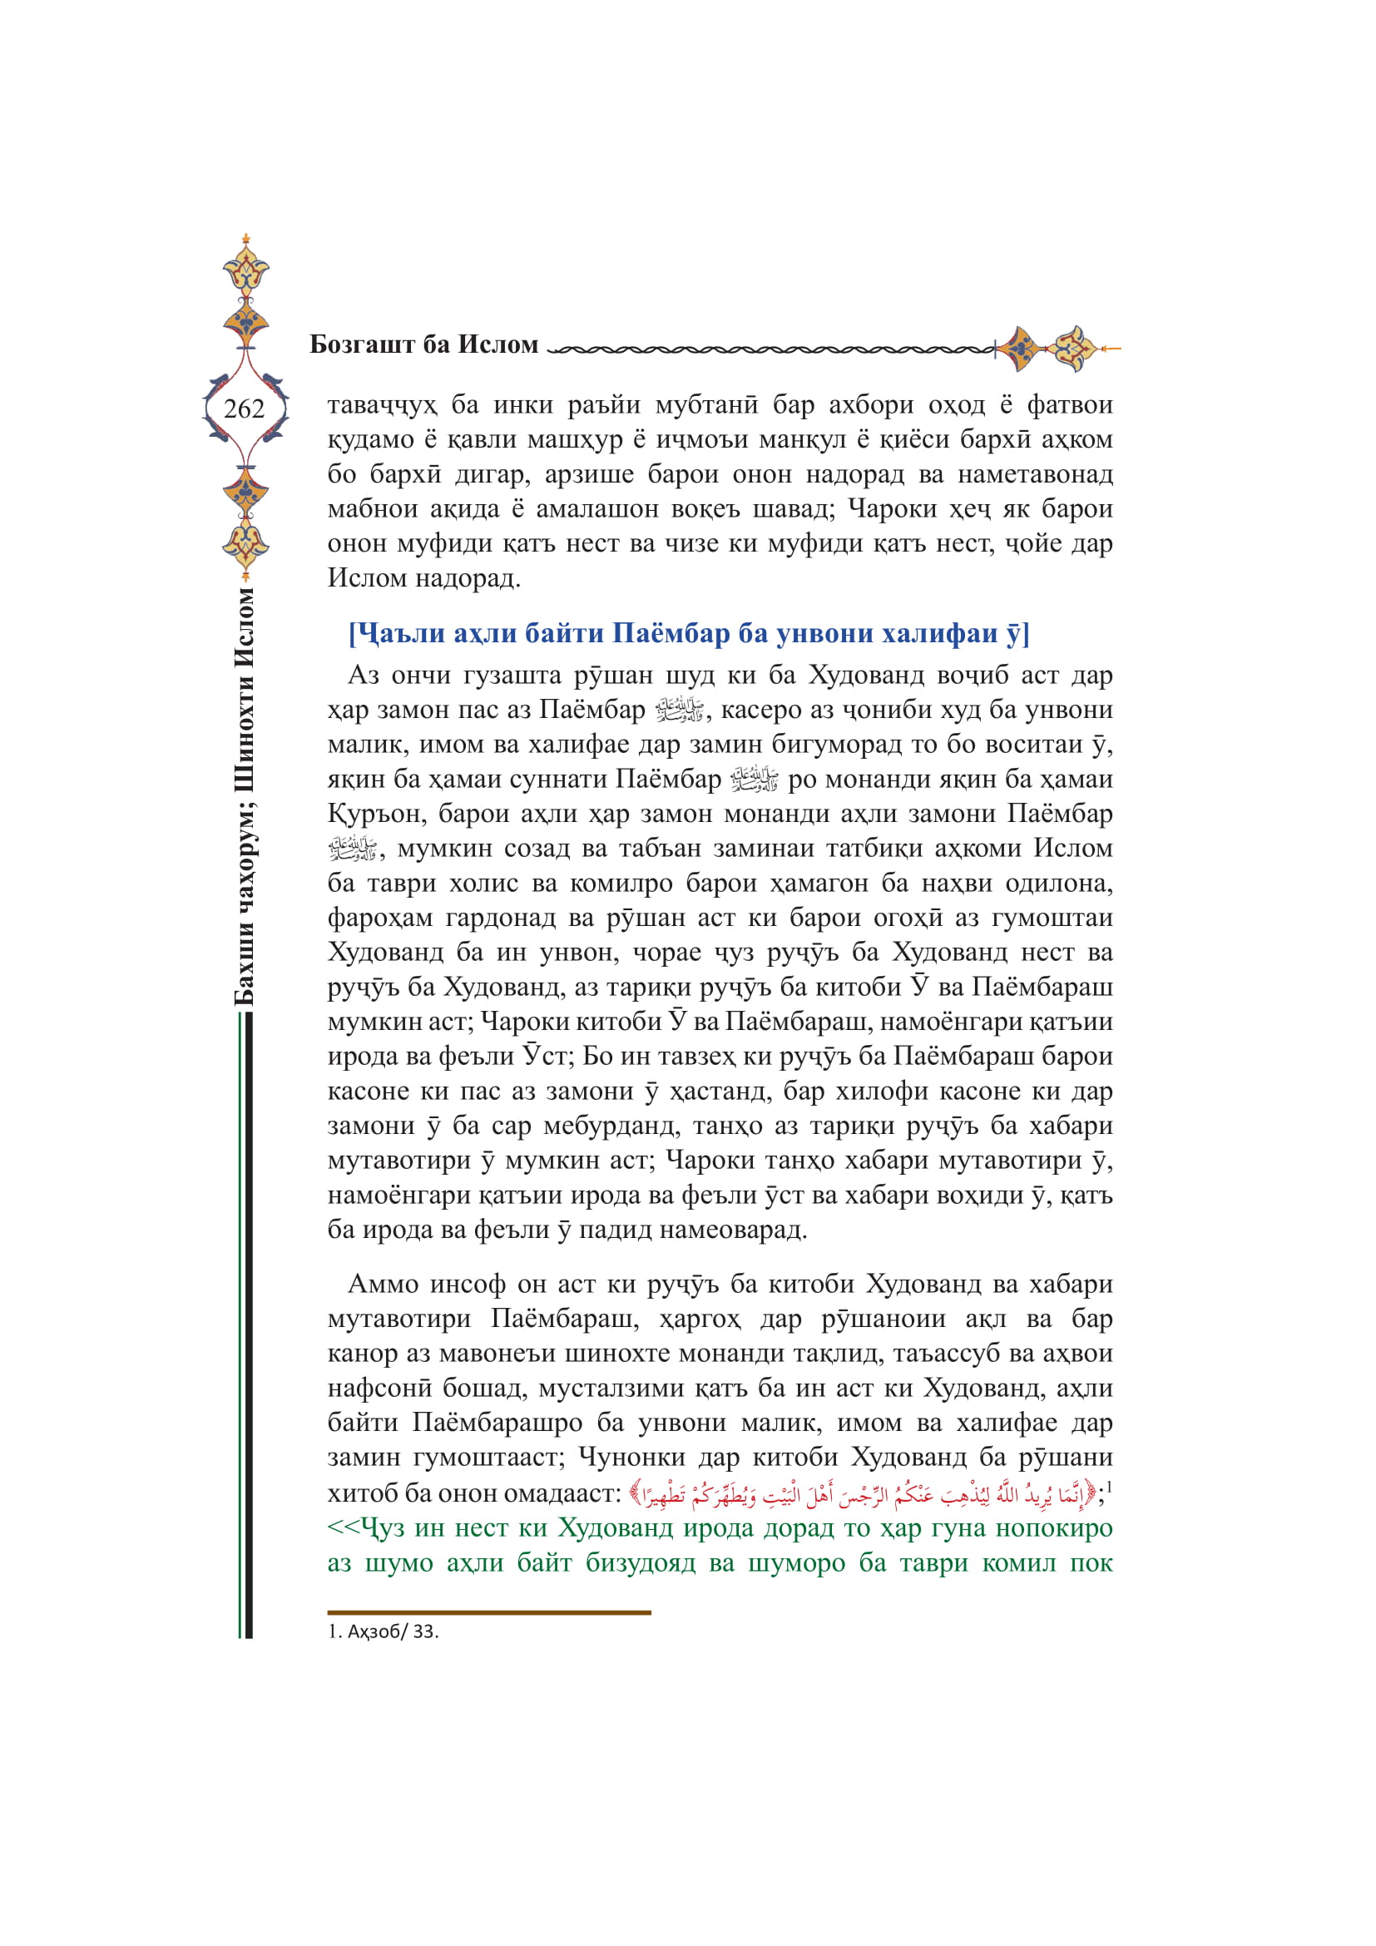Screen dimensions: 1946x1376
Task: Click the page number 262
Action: [x=244, y=409]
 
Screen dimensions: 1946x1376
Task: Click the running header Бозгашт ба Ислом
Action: [x=423, y=344]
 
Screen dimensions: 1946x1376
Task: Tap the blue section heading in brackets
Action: [x=688, y=633]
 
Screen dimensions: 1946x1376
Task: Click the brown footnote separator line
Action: [x=489, y=1612]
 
